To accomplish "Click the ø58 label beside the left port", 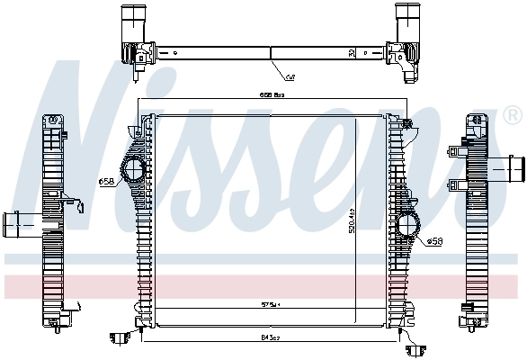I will pos(105,182).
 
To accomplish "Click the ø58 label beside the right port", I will pos(435,241).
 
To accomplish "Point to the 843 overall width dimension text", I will pos(270,336).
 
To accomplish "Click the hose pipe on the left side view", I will pos(18,221).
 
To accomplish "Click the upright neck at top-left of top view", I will pos(132,19).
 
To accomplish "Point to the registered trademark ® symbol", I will pos(513,116).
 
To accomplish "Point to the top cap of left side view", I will pos(52,120).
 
